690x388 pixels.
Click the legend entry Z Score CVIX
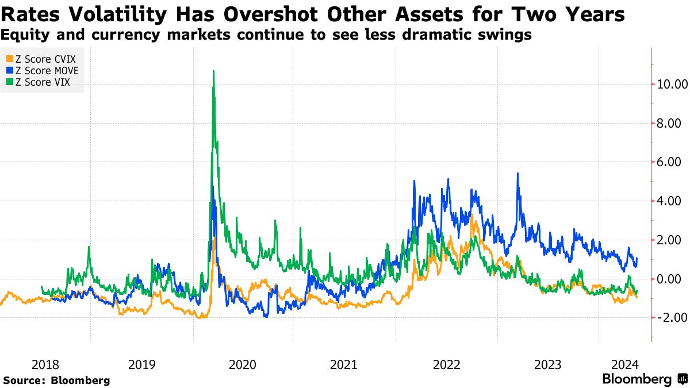[43, 59]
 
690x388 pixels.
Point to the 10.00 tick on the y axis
[672, 84]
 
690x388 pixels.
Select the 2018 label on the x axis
[45, 364]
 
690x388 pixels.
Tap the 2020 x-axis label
[243, 364]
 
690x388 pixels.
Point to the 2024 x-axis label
[624, 364]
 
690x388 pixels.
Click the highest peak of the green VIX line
[213, 71]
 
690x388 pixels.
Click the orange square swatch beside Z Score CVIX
[9, 59]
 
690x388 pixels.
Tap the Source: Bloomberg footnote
[56, 380]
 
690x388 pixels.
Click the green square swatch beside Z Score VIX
[9, 83]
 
